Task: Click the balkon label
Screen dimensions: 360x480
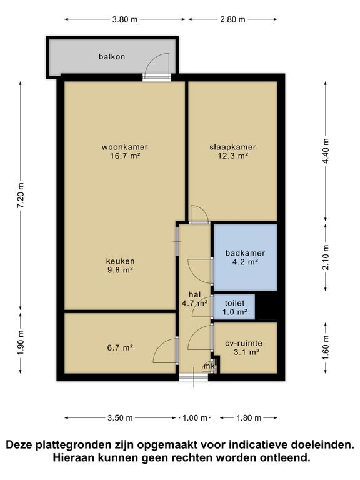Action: point(112,57)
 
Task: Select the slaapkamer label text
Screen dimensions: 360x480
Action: point(232,147)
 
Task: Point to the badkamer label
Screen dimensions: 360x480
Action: point(245,253)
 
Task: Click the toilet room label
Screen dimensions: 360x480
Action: point(235,303)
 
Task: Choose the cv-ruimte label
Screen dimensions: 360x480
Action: point(244,344)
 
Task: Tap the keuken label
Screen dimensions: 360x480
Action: point(120,261)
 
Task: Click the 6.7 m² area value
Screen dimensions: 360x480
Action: point(120,347)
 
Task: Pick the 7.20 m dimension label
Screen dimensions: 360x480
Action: point(21,196)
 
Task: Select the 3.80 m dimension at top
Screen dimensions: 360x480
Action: point(125,19)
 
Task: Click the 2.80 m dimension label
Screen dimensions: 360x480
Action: point(232,19)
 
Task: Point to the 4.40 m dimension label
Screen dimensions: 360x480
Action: point(326,151)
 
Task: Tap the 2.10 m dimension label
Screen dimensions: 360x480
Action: point(326,257)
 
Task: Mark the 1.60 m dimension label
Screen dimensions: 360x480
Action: point(326,348)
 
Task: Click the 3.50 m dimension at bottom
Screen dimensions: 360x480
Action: point(120,418)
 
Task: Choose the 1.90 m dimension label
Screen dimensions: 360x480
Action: point(21,343)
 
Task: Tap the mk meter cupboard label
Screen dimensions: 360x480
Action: point(209,366)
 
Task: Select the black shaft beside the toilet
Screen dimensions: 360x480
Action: point(266,307)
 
